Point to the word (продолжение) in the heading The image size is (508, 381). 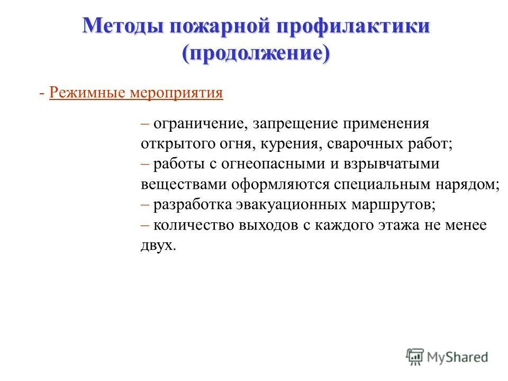256,53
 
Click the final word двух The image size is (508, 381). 157,245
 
